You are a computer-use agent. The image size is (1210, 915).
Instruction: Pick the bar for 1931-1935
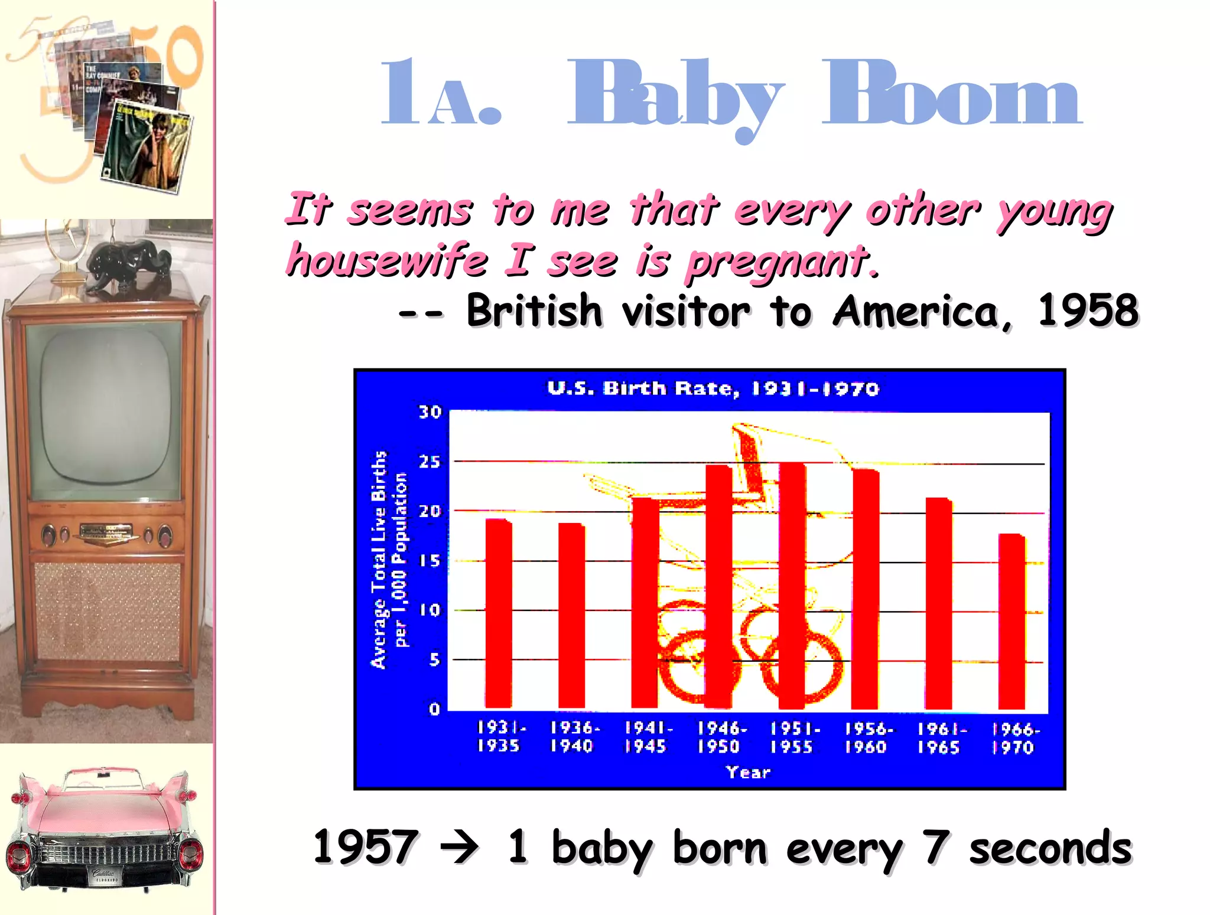point(499,614)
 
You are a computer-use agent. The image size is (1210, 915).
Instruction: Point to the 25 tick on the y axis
point(430,461)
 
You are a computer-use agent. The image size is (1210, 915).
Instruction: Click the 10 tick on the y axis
point(430,610)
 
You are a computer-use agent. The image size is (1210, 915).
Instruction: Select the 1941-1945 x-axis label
point(647,737)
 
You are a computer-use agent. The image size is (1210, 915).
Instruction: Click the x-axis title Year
point(748,772)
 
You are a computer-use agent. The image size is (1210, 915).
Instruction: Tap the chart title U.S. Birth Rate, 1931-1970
point(713,388)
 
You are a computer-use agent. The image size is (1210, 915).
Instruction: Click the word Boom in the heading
point(951,94)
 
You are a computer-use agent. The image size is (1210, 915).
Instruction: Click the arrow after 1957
point(460,848)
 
